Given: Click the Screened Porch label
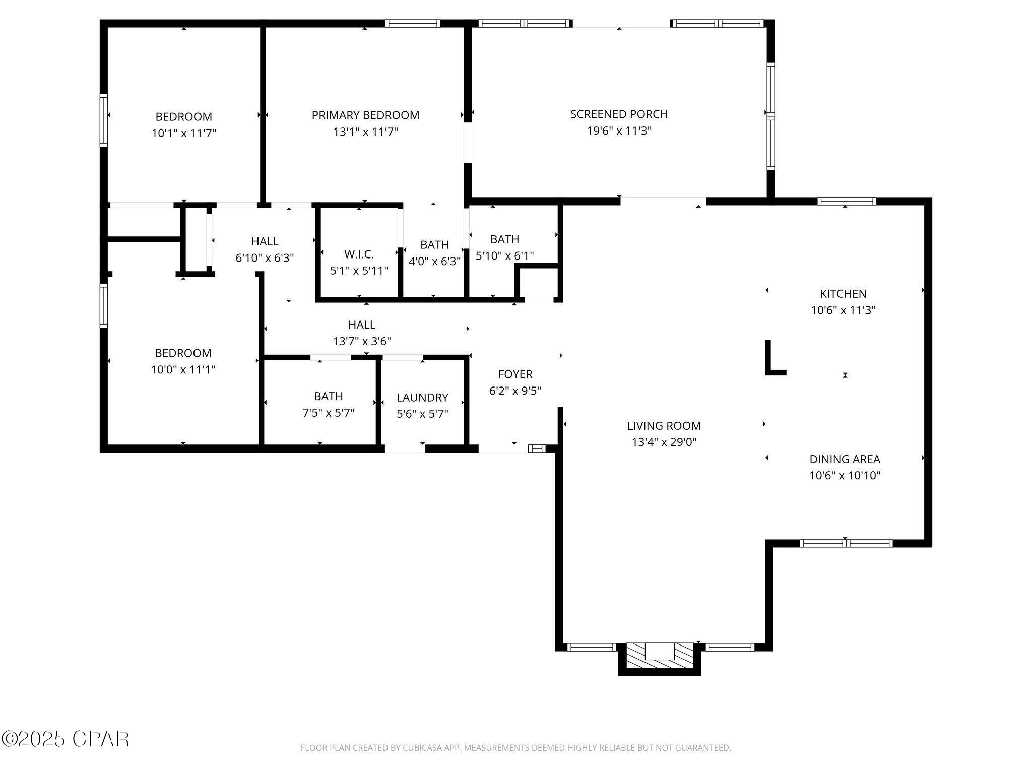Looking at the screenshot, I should pos(619,114).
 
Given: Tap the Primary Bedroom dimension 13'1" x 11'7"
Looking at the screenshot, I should pos(365,132).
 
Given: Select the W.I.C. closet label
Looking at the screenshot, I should pos(359,254).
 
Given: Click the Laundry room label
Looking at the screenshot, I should pos(422,398).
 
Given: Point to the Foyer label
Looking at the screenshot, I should pos(515,374).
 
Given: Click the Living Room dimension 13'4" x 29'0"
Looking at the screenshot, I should pos(664,442).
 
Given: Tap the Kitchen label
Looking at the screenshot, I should pos(843,294).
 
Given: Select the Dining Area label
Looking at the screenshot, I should pos(845,459).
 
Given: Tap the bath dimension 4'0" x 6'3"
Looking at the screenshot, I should pos(434,262).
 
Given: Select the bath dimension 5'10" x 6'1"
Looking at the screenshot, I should pos(504,256).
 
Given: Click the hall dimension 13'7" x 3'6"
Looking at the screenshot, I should pos(362,341).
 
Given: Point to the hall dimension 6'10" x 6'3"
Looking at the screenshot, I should pos(265,258).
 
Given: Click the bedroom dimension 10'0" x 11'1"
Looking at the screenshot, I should pos(183,370).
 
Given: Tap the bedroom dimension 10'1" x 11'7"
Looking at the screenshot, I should pos(184,134).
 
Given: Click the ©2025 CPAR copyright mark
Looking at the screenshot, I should pos(66,739).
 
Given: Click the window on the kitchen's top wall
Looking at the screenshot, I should pos(846,202).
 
